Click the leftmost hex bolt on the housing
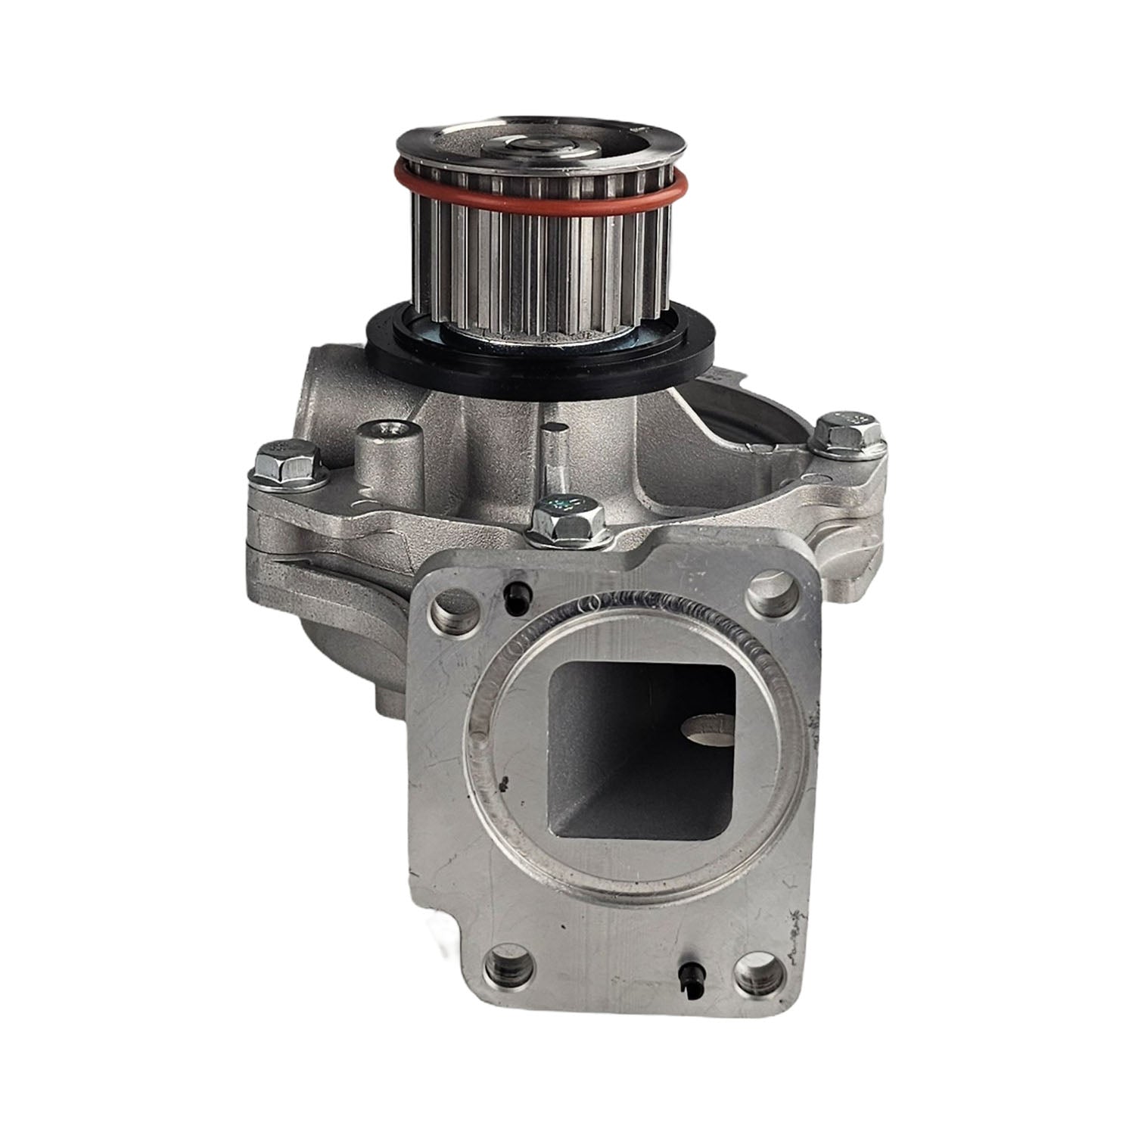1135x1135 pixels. [x=281, y=463]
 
